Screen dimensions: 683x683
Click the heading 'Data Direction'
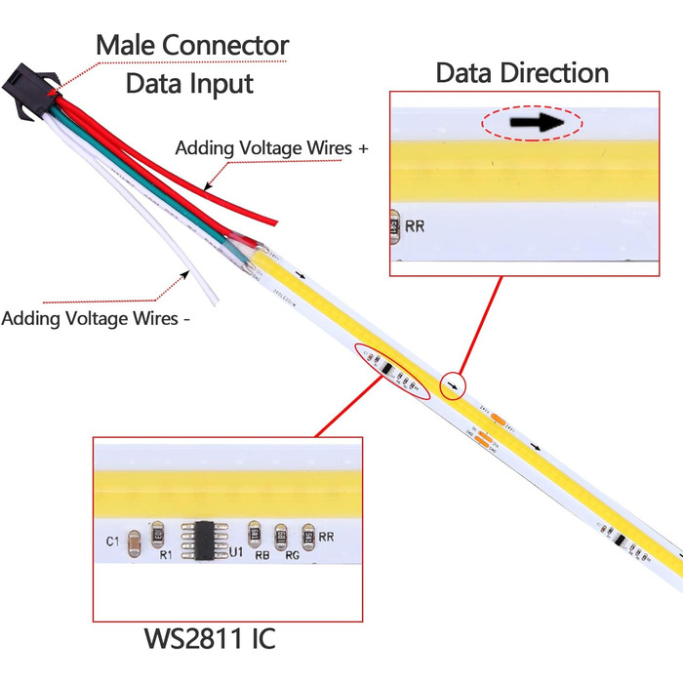pyautogui.click(x=522, y=72)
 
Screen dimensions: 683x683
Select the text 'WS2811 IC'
pyautogui.click(x=211, y=640)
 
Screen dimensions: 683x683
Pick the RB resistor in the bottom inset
pyautogui.click(x=255, y=533)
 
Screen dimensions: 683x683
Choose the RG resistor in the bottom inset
pyautogui.click(x=282, y=534)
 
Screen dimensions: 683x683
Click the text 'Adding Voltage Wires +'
pyautogui.click(x=272, y=148)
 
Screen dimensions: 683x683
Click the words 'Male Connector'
pyautogui.click(x=192, y=45)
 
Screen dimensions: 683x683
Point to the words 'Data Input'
pyautogui.click(x=190, y=83)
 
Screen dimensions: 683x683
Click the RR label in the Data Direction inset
pyautogui.click(x=415, y=227)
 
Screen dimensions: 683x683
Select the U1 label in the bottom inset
pyautogui.click(x=235, y=552)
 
